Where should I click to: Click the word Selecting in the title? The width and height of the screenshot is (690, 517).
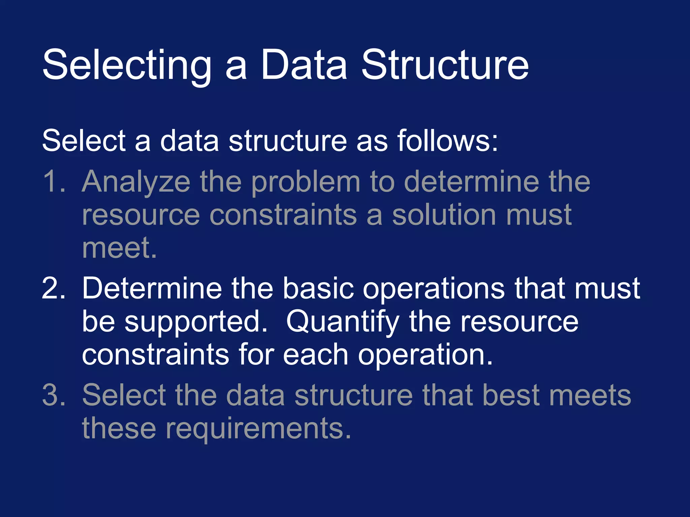click(127, 65)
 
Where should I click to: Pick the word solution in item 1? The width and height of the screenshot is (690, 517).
click(444, 215)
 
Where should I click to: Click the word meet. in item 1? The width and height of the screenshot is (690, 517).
click(119, 248)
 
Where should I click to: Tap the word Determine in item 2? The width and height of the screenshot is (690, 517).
click(152, 288)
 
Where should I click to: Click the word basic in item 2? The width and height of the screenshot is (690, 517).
click(318, 288)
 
